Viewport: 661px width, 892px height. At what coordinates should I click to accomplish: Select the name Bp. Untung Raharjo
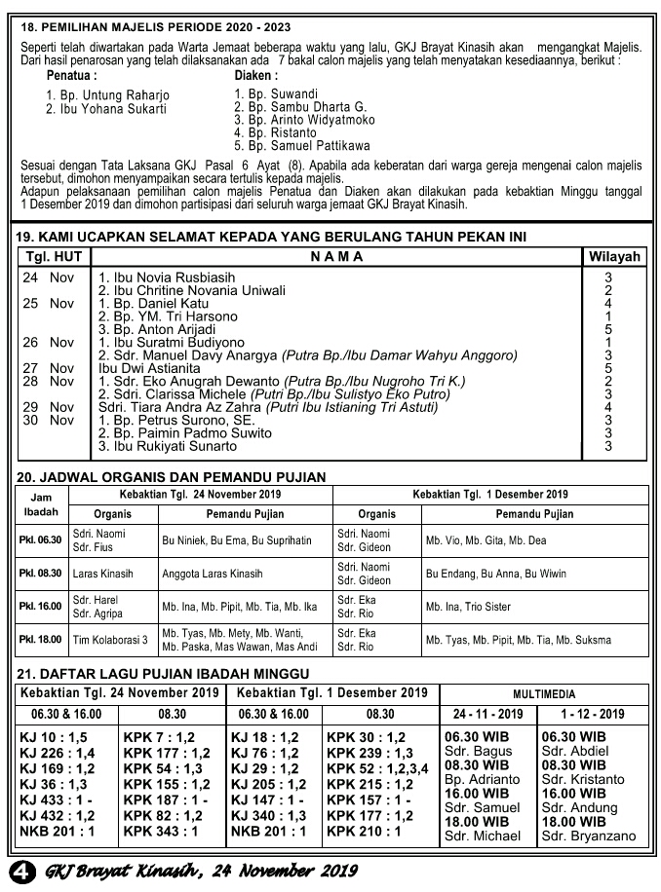[x=107, y=95]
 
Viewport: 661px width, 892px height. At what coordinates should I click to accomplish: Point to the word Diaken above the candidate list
[x=256, y=75]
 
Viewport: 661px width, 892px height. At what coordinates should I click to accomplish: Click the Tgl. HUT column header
[x=55, y=257]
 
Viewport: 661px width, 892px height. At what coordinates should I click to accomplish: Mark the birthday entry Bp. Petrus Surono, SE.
[x=176, y=421]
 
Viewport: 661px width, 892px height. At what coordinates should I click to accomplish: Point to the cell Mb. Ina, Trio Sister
[x=472, y=607]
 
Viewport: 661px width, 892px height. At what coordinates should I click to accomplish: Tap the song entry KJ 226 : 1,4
[x=58, y=753]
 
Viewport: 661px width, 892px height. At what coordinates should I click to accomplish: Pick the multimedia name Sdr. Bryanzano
[x=588, y=836]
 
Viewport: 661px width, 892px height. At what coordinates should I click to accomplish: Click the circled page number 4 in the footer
[x=18, y=869]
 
